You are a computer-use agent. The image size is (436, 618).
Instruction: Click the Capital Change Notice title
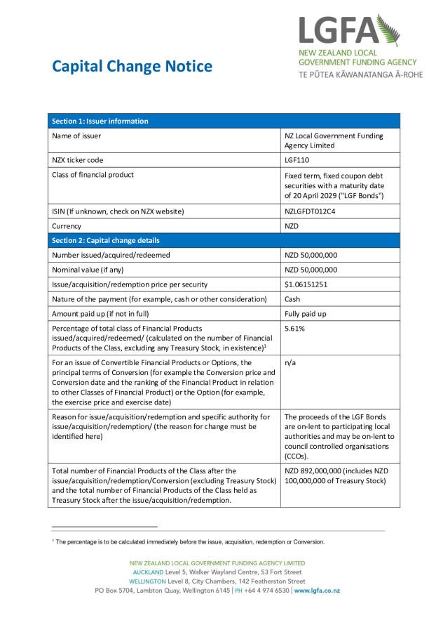pyautogui.click(x=132, y=67)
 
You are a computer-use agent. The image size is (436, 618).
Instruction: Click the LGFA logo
pyautogui.click(x=360, y=46)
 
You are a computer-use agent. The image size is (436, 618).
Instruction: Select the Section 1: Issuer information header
pyautogui.click(x=100, y=121)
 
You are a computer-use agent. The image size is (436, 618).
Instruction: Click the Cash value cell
pyautogui.click(x=292, y=299)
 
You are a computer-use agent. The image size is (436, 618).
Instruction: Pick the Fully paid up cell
pyautogui.click(x=306, y=314)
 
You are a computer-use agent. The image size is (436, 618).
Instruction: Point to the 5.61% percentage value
pyautogui.click(x=296, y=329)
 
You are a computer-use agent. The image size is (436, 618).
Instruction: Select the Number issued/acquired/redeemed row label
pyautogui.click(x=111, y=255)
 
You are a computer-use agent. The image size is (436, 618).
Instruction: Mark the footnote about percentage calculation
pyautogui.click(x=189, y=541)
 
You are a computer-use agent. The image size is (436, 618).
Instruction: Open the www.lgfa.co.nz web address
pyautogui.click(x=317, y=591)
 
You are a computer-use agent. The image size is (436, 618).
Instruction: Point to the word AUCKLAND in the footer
pyautogui.click(x=148, y=572)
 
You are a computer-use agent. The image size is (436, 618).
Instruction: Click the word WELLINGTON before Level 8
pyautogui.click(x=147, y=581)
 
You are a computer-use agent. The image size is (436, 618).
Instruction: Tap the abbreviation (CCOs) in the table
pyautogui.click(x=297, y=456)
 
